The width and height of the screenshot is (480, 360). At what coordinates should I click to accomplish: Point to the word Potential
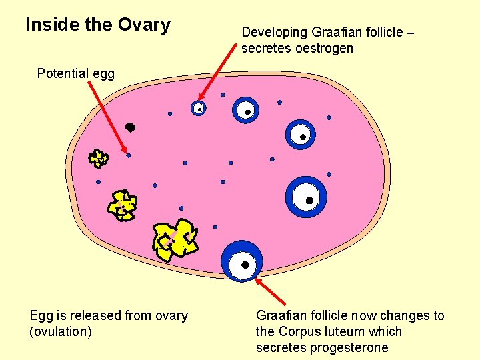(63, 73)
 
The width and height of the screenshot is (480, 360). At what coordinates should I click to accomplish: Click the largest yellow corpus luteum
(175, 237)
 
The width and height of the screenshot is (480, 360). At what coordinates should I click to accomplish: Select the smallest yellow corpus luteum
(98, 158)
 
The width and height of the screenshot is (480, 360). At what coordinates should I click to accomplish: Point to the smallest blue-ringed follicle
(198, 108)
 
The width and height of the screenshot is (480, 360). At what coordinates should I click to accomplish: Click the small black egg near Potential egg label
(131, 127)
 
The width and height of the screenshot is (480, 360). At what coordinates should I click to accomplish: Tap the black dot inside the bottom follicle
(245, 265)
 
